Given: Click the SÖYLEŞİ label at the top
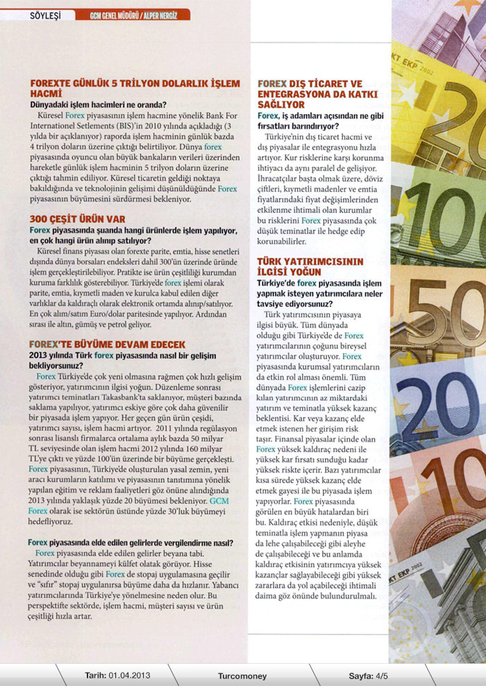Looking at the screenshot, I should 44,15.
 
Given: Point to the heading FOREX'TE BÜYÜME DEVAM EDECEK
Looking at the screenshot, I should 108,343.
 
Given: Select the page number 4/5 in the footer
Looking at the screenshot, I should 381,675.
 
